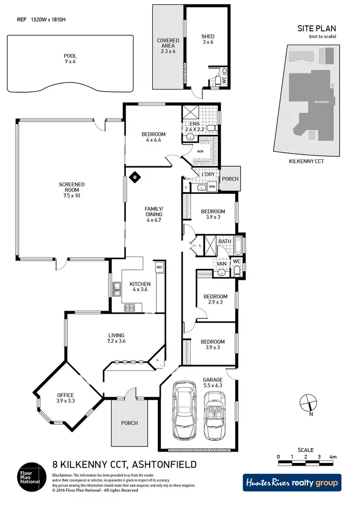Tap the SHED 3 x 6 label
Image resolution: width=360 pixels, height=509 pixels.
pos(208,39)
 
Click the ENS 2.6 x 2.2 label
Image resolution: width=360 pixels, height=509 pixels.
pos(195,126)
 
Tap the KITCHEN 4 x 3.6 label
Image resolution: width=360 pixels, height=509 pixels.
pos(140,287)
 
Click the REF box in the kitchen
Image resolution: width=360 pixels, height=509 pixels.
pos(159,267)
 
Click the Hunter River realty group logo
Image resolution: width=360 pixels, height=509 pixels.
pos(291,482)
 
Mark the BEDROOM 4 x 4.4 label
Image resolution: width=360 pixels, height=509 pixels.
pos(153,137)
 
